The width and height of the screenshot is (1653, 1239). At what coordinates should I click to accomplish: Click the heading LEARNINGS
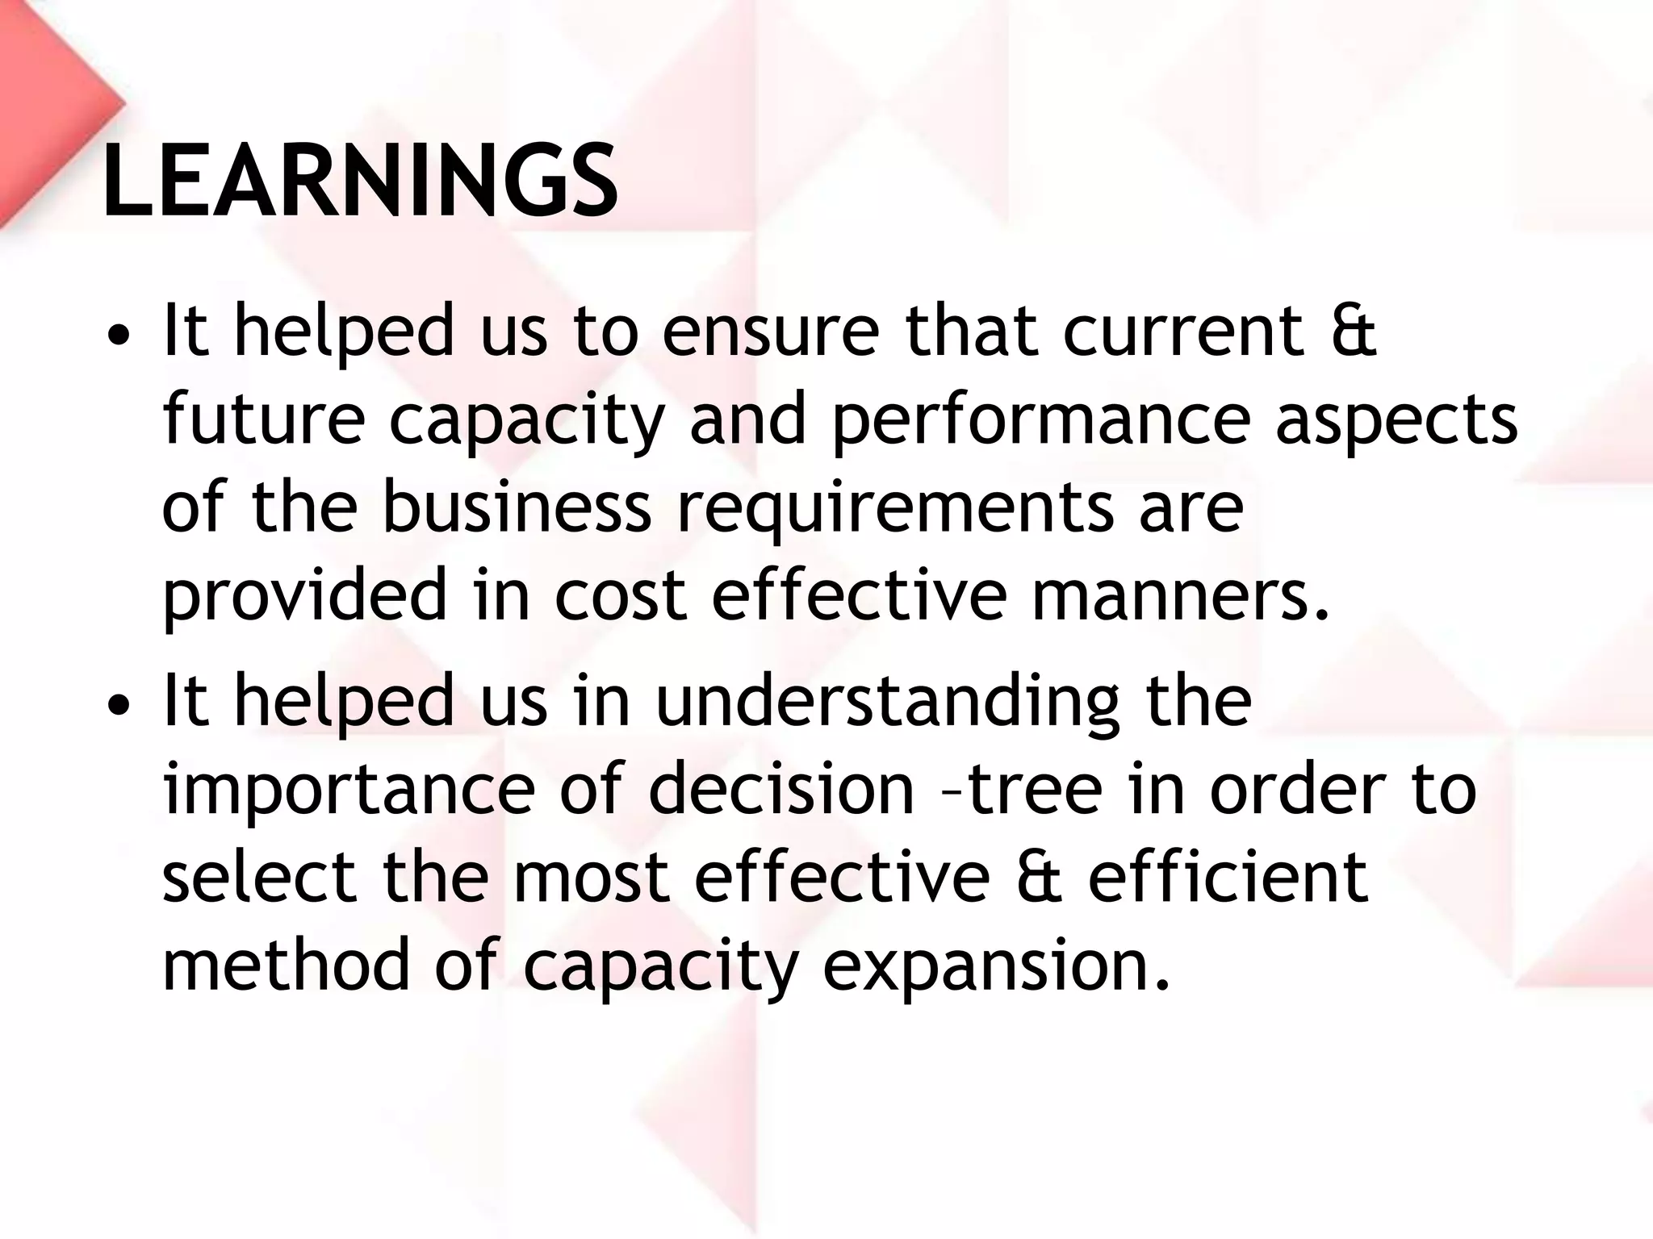tap(360, 181)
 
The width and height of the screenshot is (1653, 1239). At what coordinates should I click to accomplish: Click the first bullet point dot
tap(118, 336)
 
